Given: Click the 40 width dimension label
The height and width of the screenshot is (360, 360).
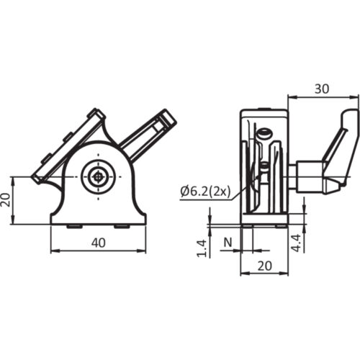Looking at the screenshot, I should coord(99,243).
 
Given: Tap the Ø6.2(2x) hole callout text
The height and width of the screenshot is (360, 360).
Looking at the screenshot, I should coord(205,191).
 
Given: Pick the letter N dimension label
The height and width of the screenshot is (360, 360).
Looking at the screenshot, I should coord(228,243).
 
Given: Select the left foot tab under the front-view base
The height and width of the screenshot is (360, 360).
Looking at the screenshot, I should coord(73,225).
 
